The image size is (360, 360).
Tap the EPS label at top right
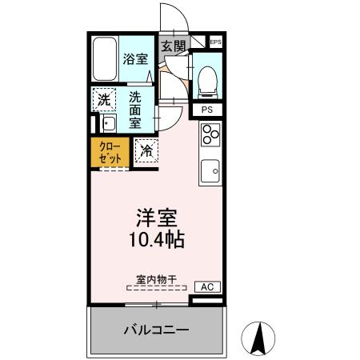click(x=215, y=42)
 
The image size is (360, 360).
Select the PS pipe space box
click(x=206, y=110)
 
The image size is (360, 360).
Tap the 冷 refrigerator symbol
click(x=147, y=150)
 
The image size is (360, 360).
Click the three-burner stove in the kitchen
click(x=210, y=138)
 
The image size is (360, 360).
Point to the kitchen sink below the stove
click(x=210, y=170)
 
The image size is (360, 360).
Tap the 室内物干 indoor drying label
click(x=155, y=279)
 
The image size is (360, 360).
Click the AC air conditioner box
click(x=206, y=286)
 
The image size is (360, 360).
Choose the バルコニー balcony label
click(x=155, y=330)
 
